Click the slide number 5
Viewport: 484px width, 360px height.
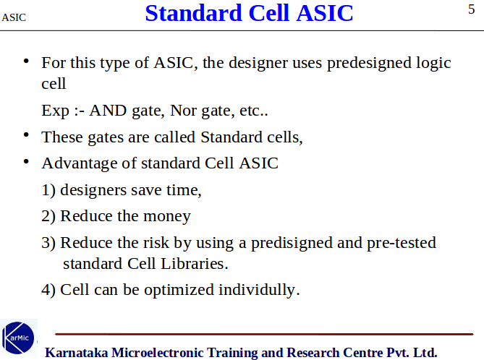coord(472,9)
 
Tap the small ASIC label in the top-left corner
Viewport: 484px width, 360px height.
coord(14,17)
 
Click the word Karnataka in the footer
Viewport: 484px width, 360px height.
coord(77,353)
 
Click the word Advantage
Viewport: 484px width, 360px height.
coord(80,163)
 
